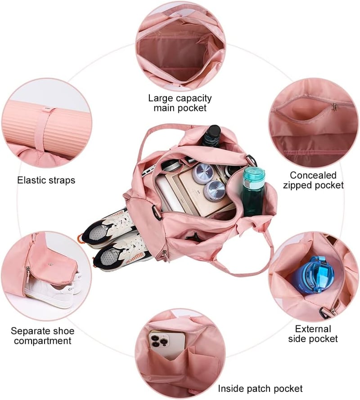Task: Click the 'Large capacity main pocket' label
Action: pos(180,103)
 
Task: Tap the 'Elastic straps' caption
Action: pos(46,180)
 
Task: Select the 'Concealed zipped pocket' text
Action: pos(313,180)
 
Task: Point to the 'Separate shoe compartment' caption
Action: pos(43,336)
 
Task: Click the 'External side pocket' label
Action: pos(313,333)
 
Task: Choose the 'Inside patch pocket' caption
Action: pos(260,388)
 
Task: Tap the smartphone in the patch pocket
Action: pos(167,344)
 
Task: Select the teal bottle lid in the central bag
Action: pos(253,174)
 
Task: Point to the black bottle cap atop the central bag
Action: pos(213,131)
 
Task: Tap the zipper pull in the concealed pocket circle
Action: pos(334,107)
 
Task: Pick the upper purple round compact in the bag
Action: pos(203,173)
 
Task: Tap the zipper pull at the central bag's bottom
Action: pos(165,254)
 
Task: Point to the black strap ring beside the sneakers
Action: pos(156,212)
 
